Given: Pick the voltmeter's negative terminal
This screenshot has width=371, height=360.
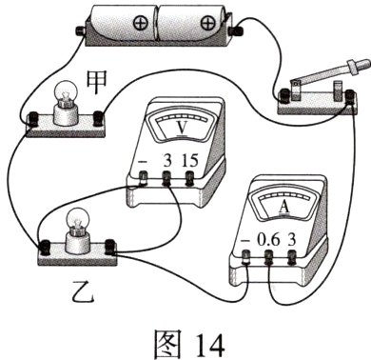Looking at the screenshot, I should pyautogui.click(x=143, y=178).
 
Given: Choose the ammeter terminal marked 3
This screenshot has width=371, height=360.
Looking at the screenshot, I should pyautogui.click(x=294, y=257).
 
